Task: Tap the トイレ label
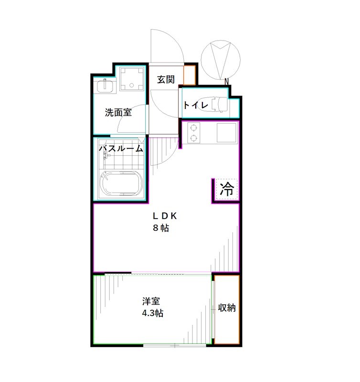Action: pos(196,105)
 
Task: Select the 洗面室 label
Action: pos(118,113)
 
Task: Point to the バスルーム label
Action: pos(121,149)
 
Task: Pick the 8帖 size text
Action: pos(161,228)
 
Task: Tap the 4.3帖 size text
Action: pos(153,314)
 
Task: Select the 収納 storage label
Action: pos(226,308)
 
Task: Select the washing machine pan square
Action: pos(131,79)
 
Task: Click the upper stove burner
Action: pos(193,127)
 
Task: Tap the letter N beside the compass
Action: pos(228,81)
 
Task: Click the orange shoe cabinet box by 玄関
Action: pos(190,75)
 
